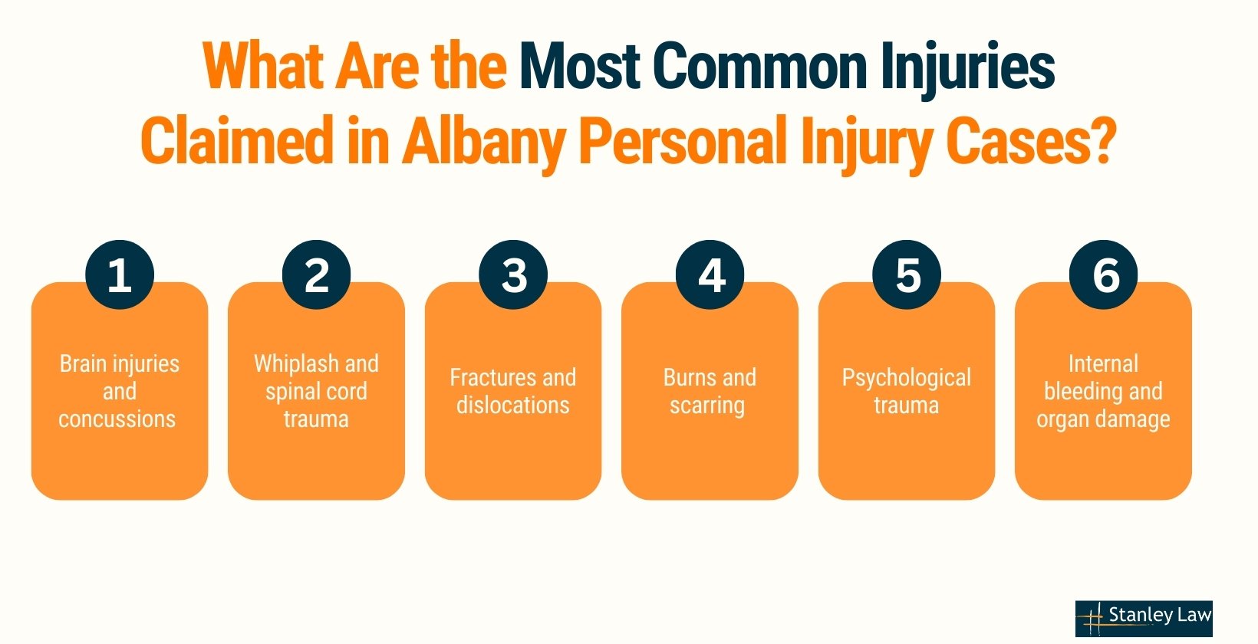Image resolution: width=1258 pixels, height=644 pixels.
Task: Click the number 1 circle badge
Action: click(120, 274)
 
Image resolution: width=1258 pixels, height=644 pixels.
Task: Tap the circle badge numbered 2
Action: click(316, 274)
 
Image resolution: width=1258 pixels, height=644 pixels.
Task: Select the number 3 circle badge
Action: click(513, 274)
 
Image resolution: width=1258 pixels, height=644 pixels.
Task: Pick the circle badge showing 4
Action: click(710, 274)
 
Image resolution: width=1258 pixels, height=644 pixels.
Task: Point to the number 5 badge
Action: click(907, 274)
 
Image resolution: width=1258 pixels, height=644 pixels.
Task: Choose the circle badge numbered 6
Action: click(1104, 274)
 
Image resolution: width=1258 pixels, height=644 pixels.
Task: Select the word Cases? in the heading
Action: click(1031, 140)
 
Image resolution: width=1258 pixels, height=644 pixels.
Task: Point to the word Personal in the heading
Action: click(683, 140)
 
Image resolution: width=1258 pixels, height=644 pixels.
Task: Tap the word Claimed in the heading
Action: click(237, 140)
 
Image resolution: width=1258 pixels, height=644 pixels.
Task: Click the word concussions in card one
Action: click(117, 419)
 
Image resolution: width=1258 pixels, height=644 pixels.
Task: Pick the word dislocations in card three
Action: click(512, 405)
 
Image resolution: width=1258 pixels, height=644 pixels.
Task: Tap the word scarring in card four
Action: click(707, 406)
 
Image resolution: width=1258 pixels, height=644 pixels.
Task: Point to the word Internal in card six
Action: click(1103, 364)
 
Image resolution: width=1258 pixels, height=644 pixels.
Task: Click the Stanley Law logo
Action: click(1144, 618)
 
